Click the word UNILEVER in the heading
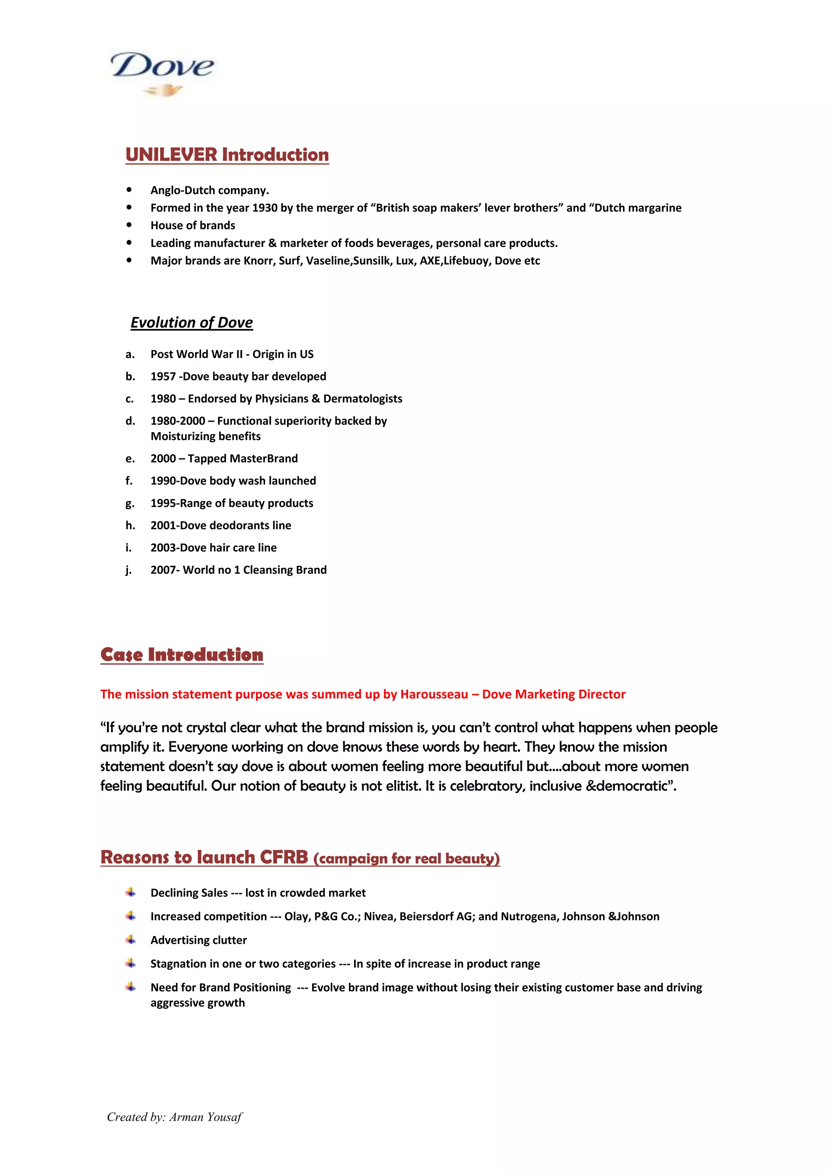171,155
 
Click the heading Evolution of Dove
192,322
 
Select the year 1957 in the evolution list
163,377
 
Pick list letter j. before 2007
129,570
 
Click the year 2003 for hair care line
163,548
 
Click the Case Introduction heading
182,655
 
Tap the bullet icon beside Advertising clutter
131,940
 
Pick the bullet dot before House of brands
129,225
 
